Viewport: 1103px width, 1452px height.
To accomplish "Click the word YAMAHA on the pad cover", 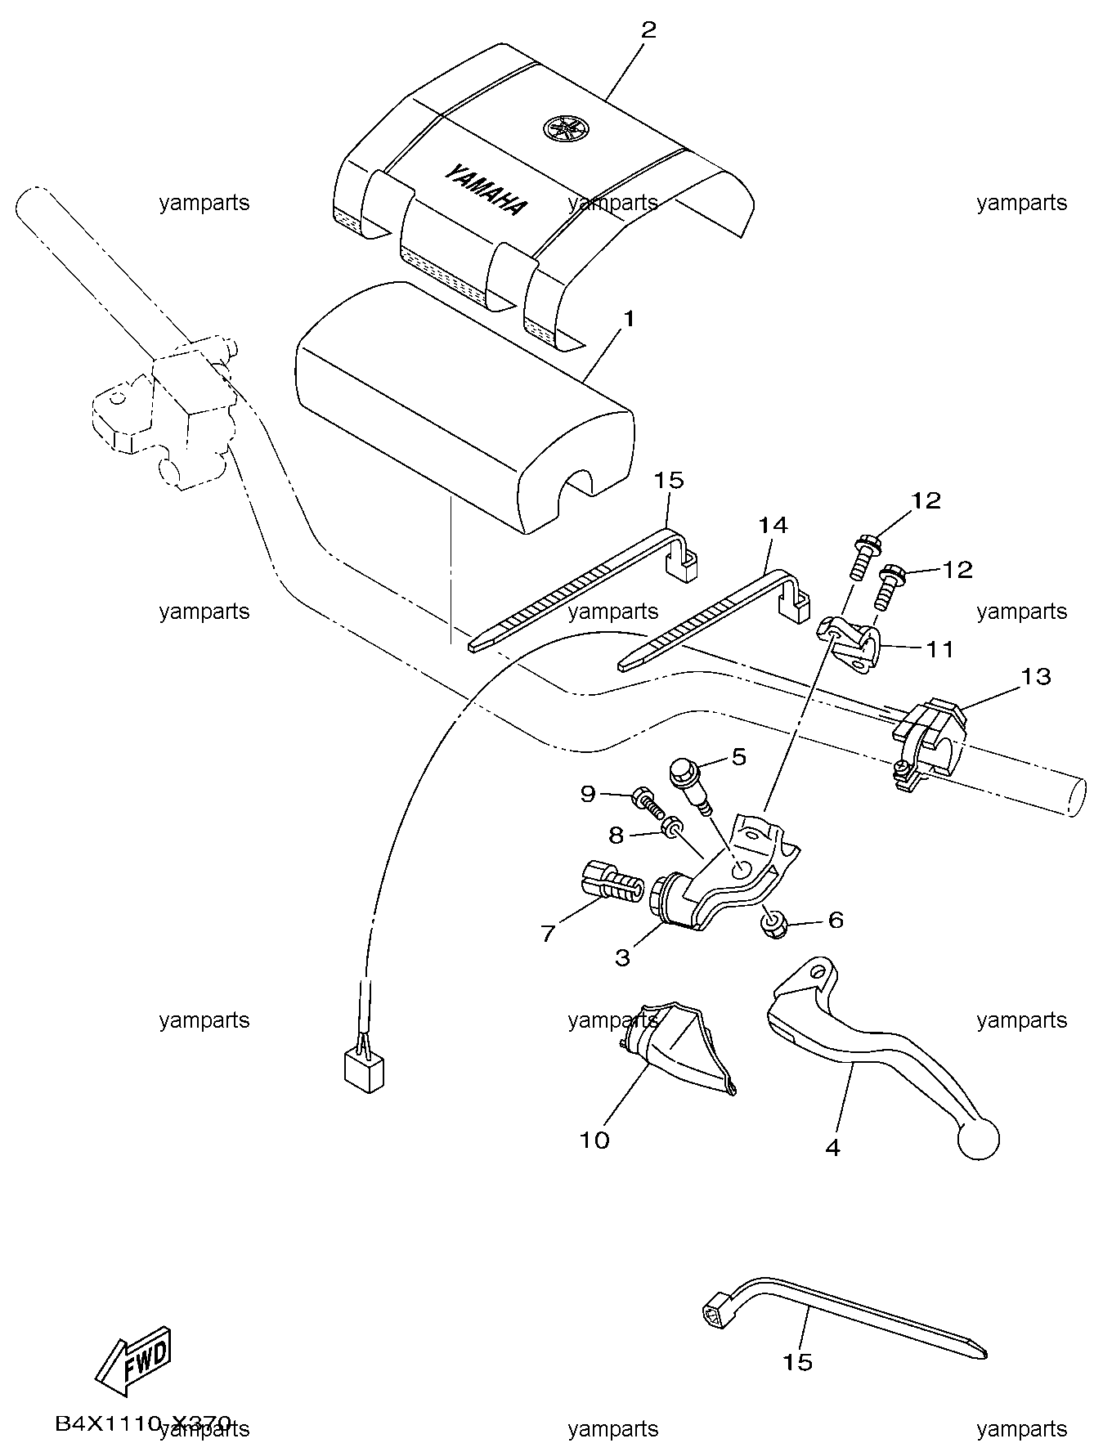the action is (x=486, y=190).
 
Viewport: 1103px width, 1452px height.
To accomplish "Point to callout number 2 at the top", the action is (x=648, y=30).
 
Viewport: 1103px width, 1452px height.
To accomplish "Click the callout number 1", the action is (x=629, y=319).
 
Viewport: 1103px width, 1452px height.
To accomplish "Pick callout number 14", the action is (x=773, y=525).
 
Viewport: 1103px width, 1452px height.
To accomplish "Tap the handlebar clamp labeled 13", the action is (x=928, y=742).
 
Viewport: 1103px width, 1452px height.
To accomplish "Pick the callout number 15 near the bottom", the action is (x=798, y=1361).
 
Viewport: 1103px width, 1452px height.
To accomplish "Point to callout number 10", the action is (x=594, y=1140).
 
